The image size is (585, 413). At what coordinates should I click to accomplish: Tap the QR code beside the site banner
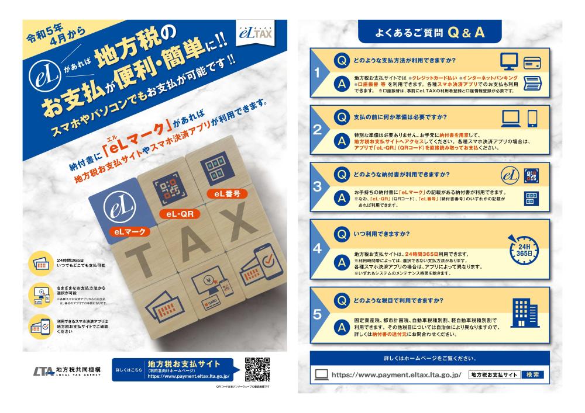[x=257, y=369]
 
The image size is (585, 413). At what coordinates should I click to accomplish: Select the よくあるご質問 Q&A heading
[x=430, y=34]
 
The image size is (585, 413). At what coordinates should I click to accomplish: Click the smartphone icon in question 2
[x=532, y=119]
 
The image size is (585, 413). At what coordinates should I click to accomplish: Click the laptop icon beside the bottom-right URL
[x=321, y=374]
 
